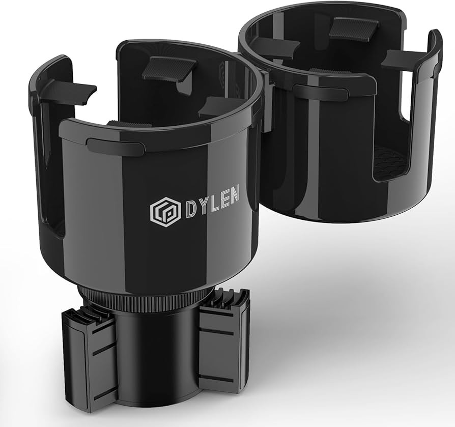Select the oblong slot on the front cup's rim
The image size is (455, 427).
pos(115,147)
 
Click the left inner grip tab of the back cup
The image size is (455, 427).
pos(275,48)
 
